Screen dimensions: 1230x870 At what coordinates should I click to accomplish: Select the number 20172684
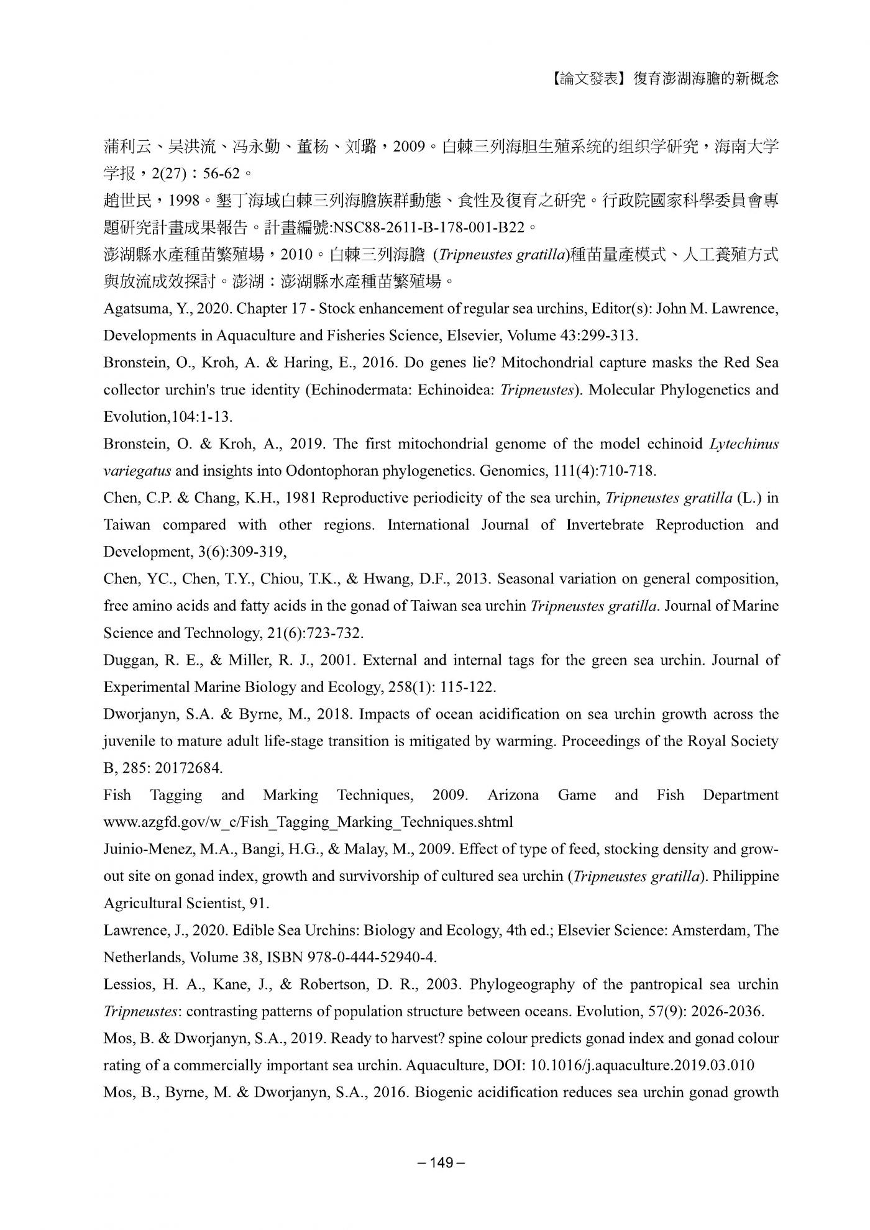(x=188, y=768)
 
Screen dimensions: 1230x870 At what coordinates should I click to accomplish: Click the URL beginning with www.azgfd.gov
(x=308, y=822)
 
